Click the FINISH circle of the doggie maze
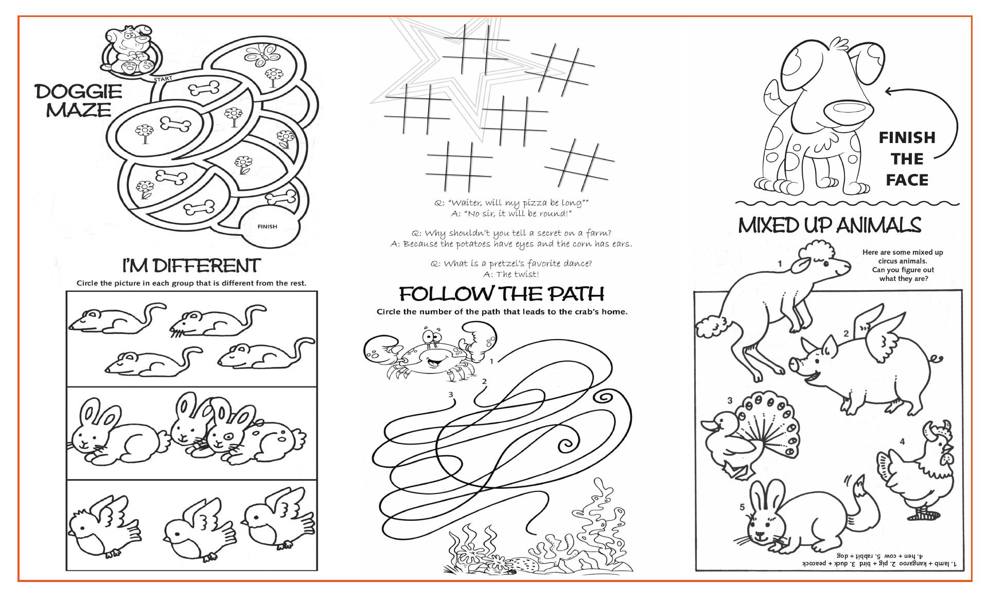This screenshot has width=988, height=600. coord(270,226)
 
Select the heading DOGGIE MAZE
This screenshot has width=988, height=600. coord(79,101)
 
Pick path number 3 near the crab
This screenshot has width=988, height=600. coord(451,395)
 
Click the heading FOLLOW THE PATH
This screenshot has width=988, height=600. coord(502,294)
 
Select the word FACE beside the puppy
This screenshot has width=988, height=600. coord(907,180)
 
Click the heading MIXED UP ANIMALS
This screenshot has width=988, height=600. coord(830,225)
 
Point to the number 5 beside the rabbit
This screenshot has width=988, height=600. coord(742,507)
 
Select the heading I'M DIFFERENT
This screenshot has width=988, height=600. coord(191,266)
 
